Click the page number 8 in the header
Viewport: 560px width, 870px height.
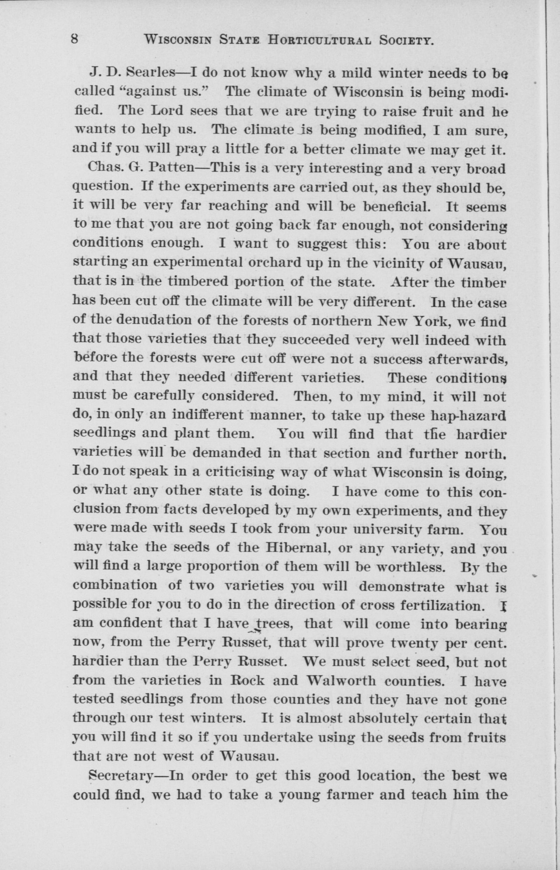point(75,39)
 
